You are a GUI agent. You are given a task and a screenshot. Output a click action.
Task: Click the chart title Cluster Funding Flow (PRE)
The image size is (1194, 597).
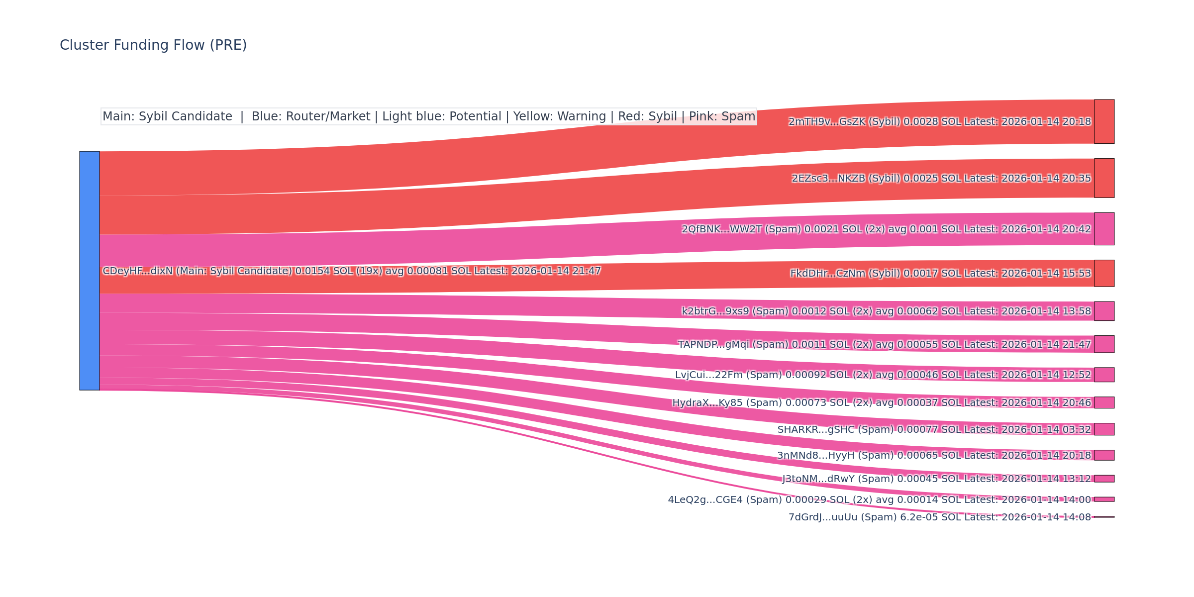click(153, 45)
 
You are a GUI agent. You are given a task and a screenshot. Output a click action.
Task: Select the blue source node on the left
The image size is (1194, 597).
click(90, 271)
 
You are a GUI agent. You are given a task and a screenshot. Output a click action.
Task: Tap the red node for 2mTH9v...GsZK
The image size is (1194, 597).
click(1104, 121)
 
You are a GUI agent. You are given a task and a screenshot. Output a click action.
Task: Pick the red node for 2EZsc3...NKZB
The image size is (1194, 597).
click(1104, 178)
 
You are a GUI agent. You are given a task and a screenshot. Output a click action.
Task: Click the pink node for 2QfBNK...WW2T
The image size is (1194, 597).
click(1104, 229)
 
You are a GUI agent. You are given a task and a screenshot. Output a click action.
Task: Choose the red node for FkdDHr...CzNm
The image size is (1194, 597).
click(1104, 273)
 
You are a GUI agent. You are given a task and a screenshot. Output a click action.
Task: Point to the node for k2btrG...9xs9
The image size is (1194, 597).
click(1104, 311)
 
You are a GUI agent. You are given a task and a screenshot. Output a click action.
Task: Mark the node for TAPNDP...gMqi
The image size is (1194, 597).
click(1104, 344)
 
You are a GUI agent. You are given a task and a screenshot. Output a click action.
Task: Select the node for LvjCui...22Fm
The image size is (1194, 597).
click(1104, 375)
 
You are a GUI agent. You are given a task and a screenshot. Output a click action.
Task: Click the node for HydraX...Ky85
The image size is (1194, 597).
click(1104, 402)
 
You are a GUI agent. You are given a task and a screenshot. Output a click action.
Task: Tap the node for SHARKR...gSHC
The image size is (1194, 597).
click(1104, 429)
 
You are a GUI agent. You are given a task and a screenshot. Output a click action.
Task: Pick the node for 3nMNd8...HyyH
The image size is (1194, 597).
click(1104, 455)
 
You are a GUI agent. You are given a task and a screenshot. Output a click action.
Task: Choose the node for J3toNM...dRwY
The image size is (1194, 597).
click(1104, 479)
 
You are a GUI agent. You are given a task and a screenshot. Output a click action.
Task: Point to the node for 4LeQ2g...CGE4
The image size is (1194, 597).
click(1104, 499)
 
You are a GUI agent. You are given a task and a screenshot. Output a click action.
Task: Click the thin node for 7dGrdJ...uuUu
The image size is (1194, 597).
click(1104, 517)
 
